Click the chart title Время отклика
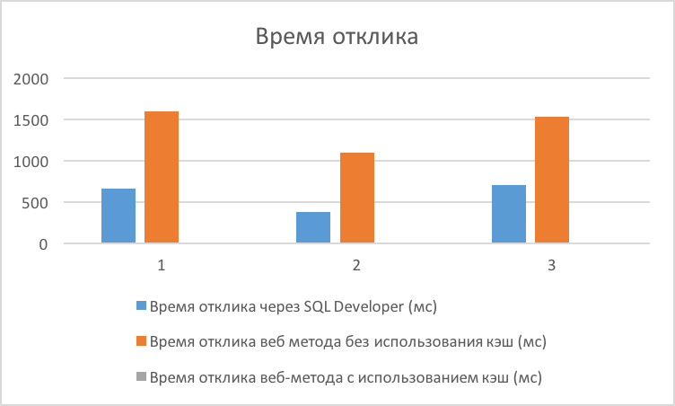click(337, 38)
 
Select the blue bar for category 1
click(118, 216)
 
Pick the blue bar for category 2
click(313, 227)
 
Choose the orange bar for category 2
click(357, 198)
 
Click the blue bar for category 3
click(509, 214)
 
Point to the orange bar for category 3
click(552, 180)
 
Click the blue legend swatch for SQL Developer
click(141, 306)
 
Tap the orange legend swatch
click(141, 341)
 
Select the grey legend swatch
click(141, 377)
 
